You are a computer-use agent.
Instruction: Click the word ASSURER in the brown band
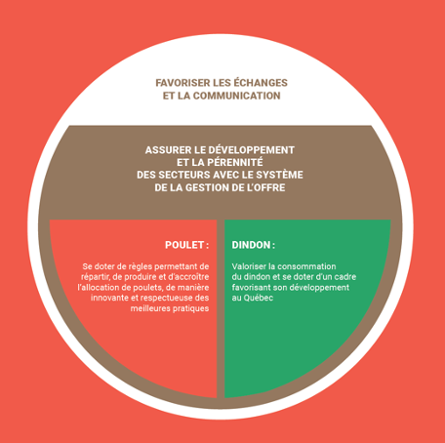165,150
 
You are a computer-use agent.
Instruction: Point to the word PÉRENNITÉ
233,162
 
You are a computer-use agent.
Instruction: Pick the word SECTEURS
188,175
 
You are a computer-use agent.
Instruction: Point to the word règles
140,266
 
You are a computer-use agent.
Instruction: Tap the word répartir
95,277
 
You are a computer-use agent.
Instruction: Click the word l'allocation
98,288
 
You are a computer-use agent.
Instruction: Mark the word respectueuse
166,299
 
